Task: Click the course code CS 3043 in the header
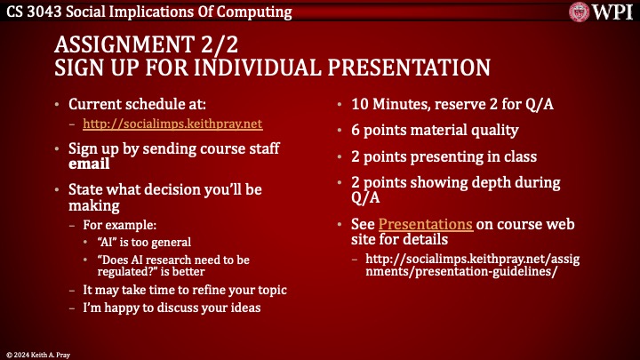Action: click(x=33, y=12)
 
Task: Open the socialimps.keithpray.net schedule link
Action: click(x=172, y=124)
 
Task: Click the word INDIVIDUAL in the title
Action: click(x=273, y=68)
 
